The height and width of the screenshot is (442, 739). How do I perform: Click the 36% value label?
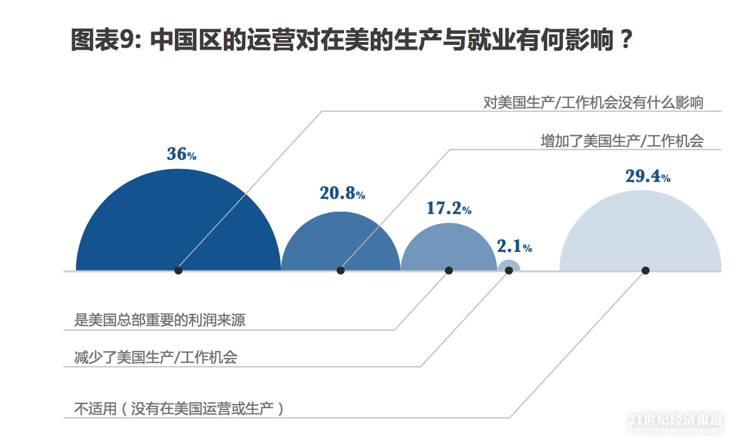181,155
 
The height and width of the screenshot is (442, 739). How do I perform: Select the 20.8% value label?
342,193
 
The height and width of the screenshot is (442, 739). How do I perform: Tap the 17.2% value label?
449,208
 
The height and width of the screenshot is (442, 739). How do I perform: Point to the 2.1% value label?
514,247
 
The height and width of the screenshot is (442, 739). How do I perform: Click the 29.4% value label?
647,176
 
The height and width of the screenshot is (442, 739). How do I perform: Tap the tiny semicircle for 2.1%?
508,265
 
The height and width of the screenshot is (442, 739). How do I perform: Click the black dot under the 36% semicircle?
178,271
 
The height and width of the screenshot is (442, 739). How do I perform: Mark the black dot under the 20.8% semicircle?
341,271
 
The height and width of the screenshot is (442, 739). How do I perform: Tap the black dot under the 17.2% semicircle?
449,271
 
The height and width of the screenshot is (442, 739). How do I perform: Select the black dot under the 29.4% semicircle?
645,271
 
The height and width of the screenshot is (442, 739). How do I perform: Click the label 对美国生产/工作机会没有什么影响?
593,103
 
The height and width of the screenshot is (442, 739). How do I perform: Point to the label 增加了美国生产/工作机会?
622,141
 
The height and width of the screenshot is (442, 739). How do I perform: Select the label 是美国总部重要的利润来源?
160,320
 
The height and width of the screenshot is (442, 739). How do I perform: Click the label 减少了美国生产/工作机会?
156,357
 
